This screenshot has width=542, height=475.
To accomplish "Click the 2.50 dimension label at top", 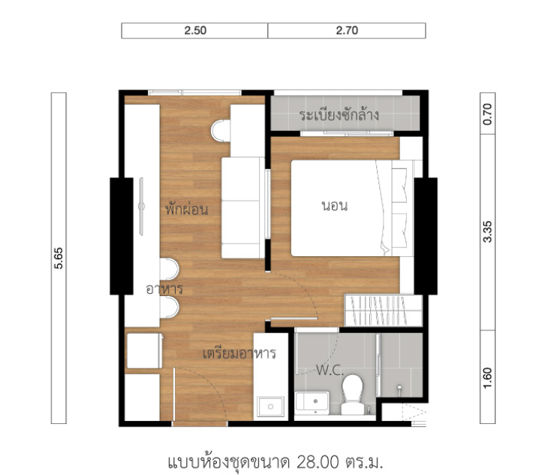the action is [195, 31].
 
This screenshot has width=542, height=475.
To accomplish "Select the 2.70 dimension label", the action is [347, 31].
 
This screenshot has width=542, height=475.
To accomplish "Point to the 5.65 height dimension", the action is [59, 258].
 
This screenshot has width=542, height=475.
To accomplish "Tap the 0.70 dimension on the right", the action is [487, 114].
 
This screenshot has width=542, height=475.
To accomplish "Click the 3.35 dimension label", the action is [487, 231].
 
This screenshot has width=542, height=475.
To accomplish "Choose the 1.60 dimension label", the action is [487, 378].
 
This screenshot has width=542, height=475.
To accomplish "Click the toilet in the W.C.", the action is [352, 395].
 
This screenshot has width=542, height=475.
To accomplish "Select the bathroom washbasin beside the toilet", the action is [312, 403].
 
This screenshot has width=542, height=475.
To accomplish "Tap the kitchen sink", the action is [271, 407].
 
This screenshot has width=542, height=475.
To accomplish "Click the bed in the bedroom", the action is [352, 208].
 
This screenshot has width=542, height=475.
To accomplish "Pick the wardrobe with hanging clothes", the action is [383, 310].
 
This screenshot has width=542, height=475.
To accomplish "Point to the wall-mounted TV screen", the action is [141, 207].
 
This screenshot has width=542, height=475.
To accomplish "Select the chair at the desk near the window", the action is [221, 131].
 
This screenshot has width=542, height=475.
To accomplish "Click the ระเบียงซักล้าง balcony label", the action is [339, 115].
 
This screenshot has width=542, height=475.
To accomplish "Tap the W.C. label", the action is [330, 371].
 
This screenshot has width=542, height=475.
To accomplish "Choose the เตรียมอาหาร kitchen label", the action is [239, 353].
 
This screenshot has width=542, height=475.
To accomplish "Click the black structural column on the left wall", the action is [122, 236].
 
